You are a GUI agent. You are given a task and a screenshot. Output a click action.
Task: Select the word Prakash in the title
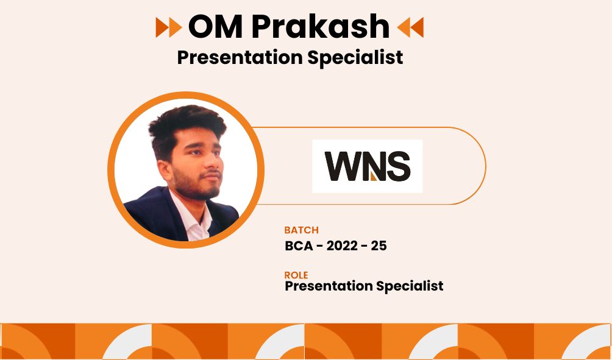[320, 26]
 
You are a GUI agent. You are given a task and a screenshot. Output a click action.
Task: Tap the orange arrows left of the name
[169, 27]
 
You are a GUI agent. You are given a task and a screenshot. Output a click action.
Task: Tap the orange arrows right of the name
[410, 27]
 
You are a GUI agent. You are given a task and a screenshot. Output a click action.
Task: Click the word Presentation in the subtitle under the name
[240, 58]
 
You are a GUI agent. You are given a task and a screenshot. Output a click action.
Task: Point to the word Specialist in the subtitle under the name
[355, 58]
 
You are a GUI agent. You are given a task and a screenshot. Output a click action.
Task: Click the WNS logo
[368, 166]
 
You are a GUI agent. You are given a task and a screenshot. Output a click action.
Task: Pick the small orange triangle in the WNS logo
[374, 177]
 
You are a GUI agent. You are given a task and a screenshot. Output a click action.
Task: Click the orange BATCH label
[301, 230]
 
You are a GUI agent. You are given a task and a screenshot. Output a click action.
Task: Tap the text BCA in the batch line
[299, 246]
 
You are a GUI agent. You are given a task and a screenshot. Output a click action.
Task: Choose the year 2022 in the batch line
[342, 246]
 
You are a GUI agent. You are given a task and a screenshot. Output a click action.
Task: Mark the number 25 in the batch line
[379, 246]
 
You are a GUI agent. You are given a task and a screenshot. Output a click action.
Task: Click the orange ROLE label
[296, 275]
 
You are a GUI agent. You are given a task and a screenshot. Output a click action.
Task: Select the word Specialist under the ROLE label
[410, 286]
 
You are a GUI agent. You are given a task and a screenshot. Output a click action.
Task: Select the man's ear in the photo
[165, 171]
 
